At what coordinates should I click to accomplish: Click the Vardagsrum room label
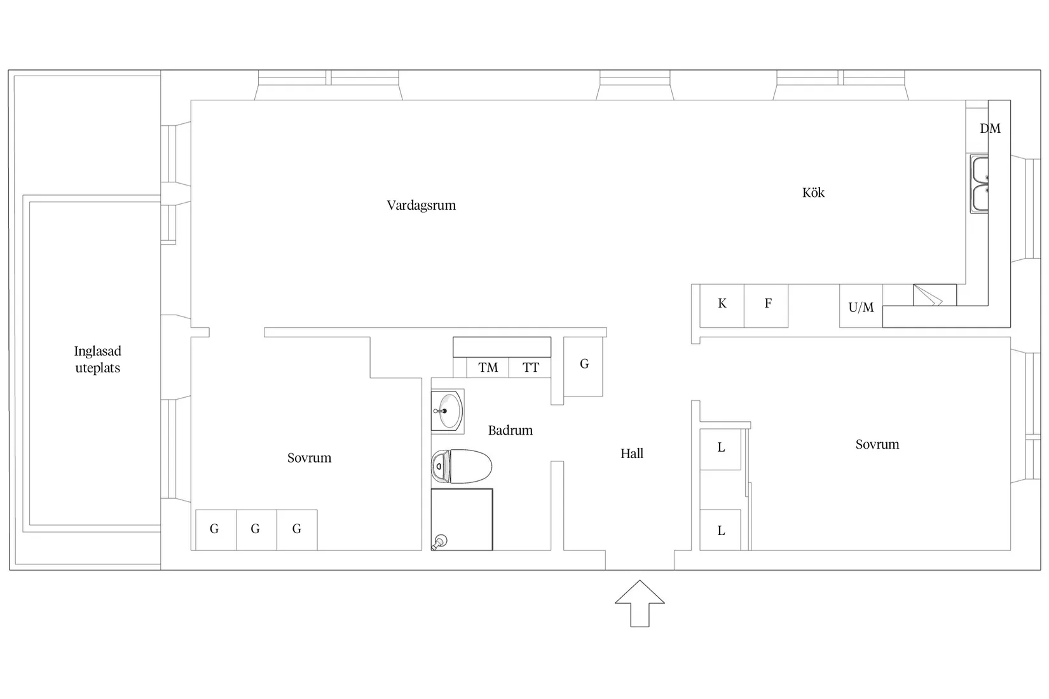[x=421, y=205]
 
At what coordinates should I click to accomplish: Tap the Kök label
[x=813, y=193]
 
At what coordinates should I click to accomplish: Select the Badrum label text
[x=511, y=430]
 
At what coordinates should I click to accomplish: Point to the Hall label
[x=632, y=453]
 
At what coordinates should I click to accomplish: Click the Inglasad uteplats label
[x=97, y=359]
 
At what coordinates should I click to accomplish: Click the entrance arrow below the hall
[x=640, y=604]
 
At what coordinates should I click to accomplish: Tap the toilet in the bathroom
[x=462, y=466]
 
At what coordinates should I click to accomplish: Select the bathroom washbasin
[x=448, y=411]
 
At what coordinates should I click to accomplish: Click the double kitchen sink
[x=979, y=184]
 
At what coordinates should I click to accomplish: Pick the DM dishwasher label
[x=990, y=128]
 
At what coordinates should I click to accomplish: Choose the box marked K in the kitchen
[x=722, y=306]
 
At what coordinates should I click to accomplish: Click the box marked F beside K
[x=766, y=306]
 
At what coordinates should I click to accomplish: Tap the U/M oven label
[x=861, y=307]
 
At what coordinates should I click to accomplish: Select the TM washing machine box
[x=488, y=367]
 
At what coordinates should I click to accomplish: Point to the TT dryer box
[x=530, y=367]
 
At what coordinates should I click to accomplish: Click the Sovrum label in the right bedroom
[x=877, y=444]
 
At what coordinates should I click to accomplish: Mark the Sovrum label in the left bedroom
[x=309, y=458]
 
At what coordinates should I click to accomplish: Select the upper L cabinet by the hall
[x=720, y=449]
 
